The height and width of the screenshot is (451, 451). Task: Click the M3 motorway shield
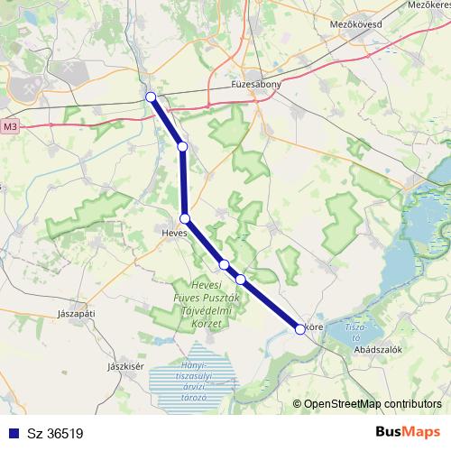pos(10,127)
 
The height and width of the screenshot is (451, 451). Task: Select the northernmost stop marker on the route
pos(151,97)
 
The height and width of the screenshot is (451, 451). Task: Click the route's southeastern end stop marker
pos(300,329)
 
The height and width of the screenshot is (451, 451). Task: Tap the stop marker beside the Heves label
pos(185,218)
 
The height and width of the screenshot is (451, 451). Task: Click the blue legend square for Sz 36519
pos(12,433)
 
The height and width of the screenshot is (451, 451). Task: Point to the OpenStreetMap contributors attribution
pos(372,404)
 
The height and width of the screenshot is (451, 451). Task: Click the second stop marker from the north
pos(182,146)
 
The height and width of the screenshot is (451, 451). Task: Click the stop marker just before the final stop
pos(241,279)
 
